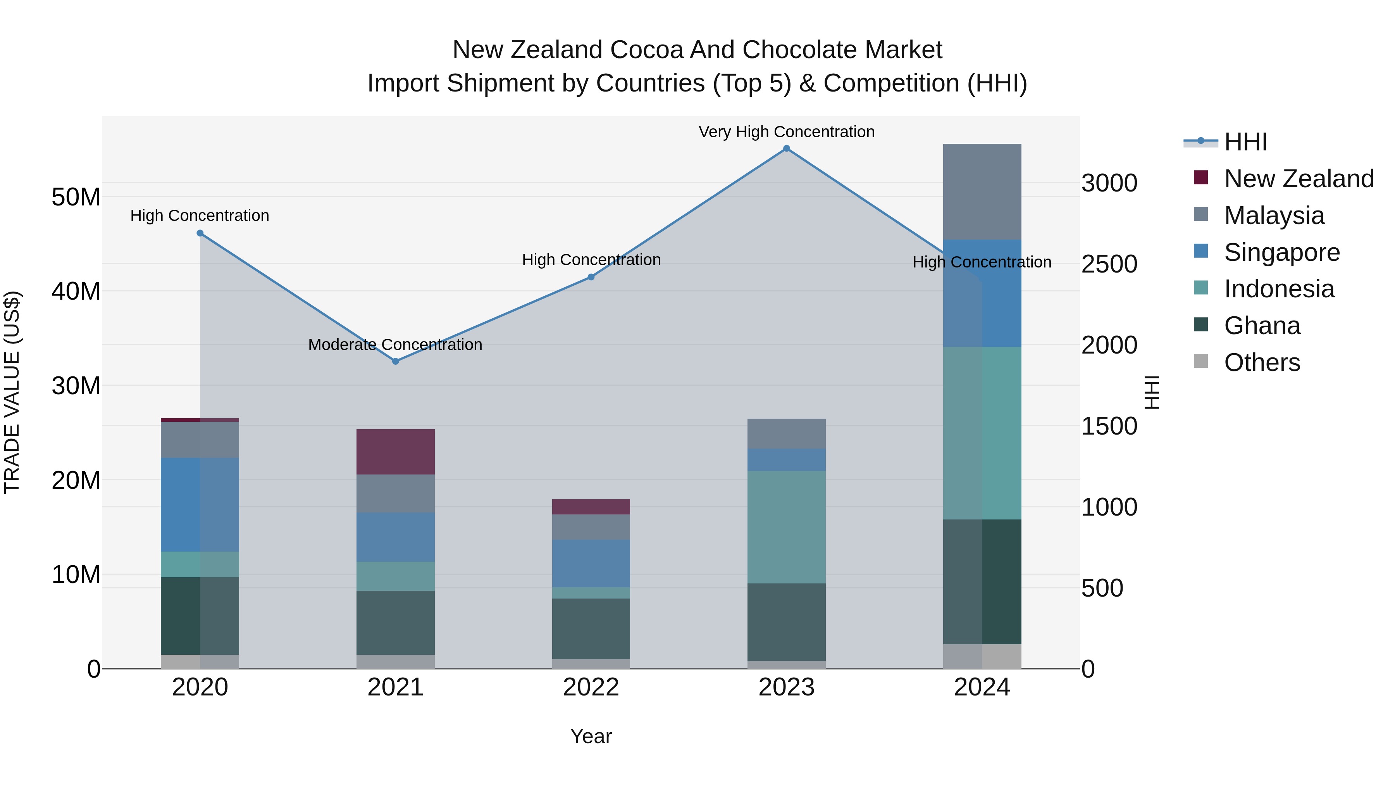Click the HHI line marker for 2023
(786, 148)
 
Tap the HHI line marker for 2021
(395, 361)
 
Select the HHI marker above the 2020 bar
(200, 233)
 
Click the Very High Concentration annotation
(786, 132)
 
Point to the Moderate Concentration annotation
(395, 345)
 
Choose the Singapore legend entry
(1281, 252)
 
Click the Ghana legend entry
(1261, 326)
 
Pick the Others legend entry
(1261, 362)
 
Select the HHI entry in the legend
(1245, 142)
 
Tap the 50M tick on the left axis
(76, 197)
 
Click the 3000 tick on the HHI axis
(1109, 183)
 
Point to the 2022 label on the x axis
(591, 687)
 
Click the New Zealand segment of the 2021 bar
(395, 452)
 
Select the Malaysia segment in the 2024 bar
(982, 192)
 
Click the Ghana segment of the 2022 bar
(591, 628)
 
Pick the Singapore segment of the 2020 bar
(200, 504)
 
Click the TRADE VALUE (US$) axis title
(12, 392)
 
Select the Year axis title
(591, 736)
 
